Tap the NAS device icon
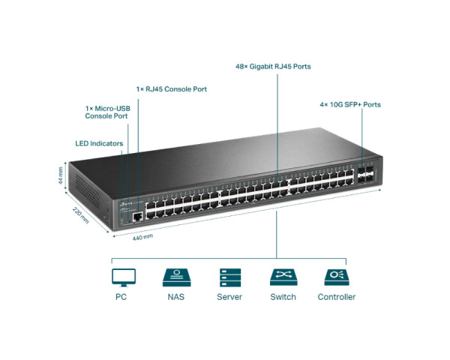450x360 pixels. tap(175, 277)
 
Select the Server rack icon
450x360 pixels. tap(229, 277)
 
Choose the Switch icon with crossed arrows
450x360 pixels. tap(283, 277)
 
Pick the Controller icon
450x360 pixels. tap(336, 277)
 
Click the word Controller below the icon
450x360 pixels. tap(336, 297)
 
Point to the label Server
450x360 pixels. tap(229, 297)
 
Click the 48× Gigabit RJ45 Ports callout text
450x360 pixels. tap(273, 67)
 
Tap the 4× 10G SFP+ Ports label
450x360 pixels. tap(349, 104)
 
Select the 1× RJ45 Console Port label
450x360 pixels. tap(172, 89)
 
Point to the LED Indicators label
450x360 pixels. tap(99, 142)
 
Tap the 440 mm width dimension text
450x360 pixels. tap(142, 236)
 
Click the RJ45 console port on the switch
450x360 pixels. tap(138, 216)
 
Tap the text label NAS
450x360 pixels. tap(175, 297)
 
